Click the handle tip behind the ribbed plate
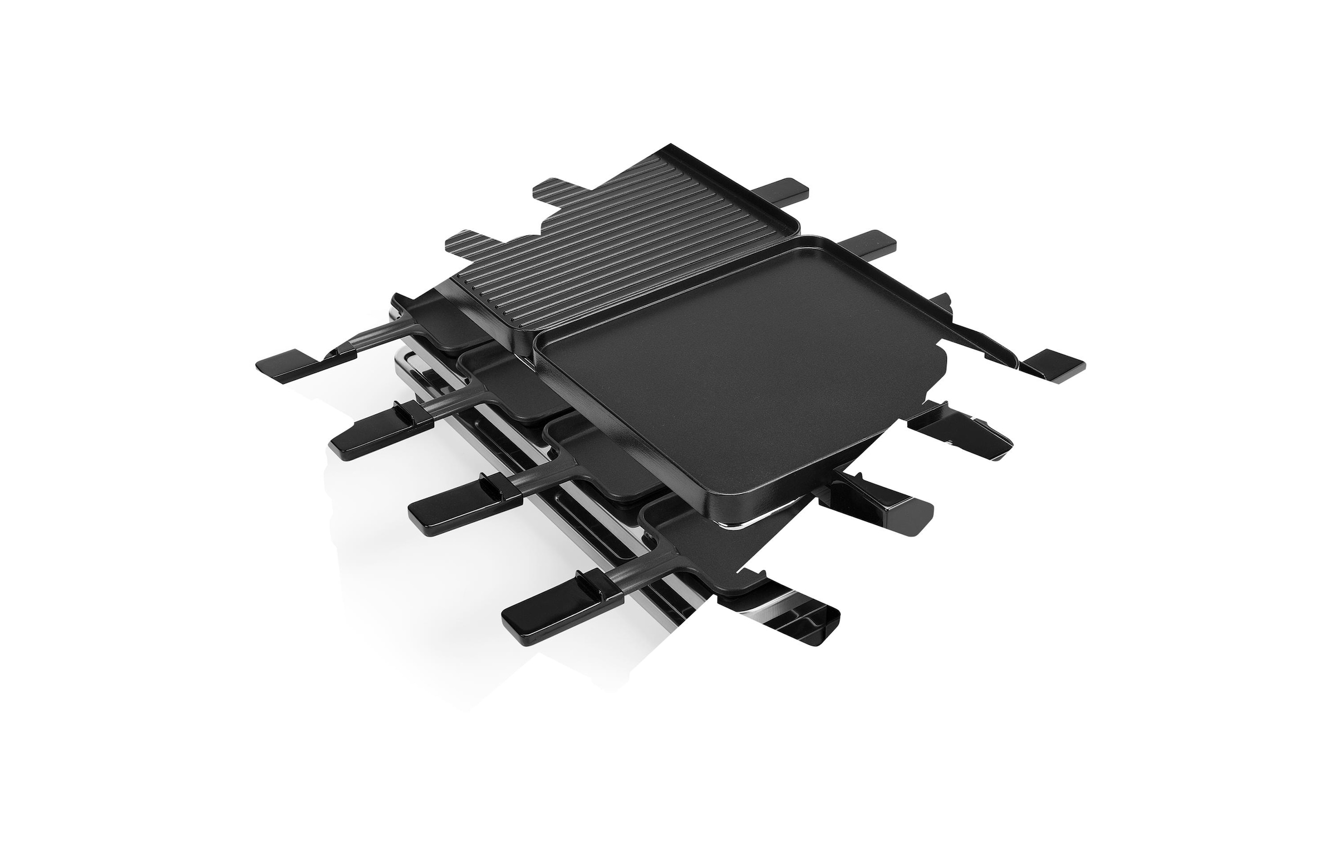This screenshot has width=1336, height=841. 785,189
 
